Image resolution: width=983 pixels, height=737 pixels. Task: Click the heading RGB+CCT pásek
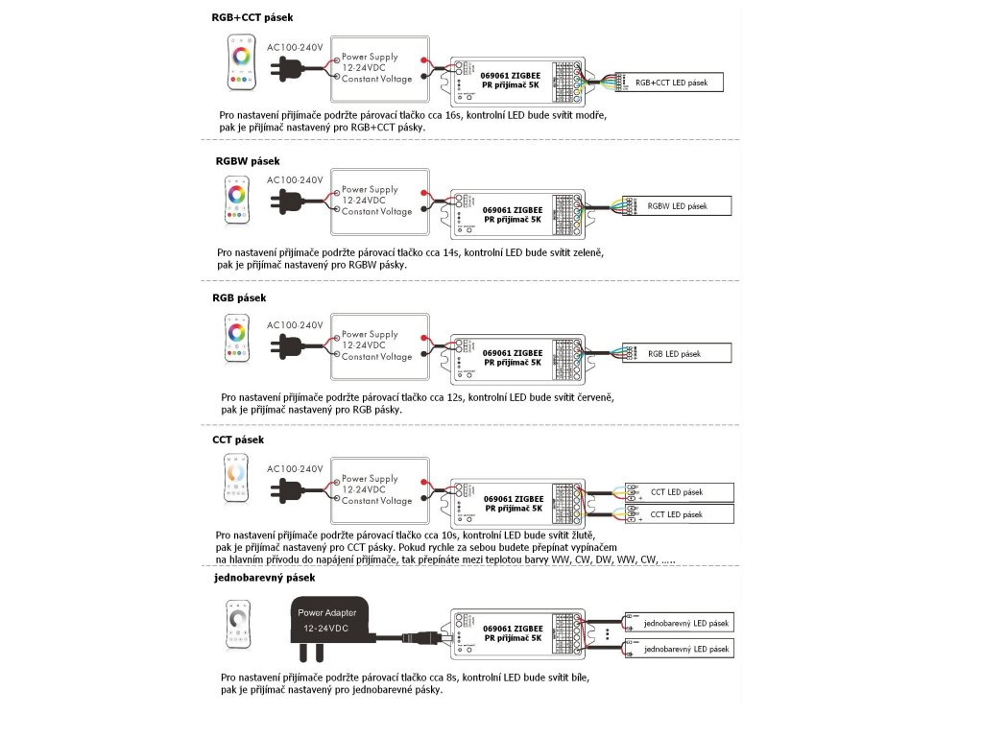click(x=252, y=17)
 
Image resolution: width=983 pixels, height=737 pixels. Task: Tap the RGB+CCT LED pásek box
click(x=671, y=83)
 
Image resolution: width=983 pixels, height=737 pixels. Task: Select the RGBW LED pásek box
click(x=677, y=205)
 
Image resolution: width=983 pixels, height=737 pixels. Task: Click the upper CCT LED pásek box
click(x=677, y=492)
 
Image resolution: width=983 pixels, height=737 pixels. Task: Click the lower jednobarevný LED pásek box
click(x=678, y=650)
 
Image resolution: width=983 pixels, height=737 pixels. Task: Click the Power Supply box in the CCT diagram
click(x=376, y=489)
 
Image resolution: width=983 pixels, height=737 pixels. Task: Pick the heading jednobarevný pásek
click(x=264, y=578)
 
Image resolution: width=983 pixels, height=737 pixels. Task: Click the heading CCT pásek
click(x=238, y=440)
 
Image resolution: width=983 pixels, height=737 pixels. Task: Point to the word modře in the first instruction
click(x=587, y=113)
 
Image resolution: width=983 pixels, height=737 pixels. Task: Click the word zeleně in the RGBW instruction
click(x=585, y=253)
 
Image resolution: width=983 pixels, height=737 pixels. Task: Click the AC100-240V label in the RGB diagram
click(x=296, y=324)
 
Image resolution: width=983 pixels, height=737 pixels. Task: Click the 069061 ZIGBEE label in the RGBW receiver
click(x=514, y=209)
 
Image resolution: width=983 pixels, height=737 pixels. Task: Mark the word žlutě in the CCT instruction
click(x=583, y=535)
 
